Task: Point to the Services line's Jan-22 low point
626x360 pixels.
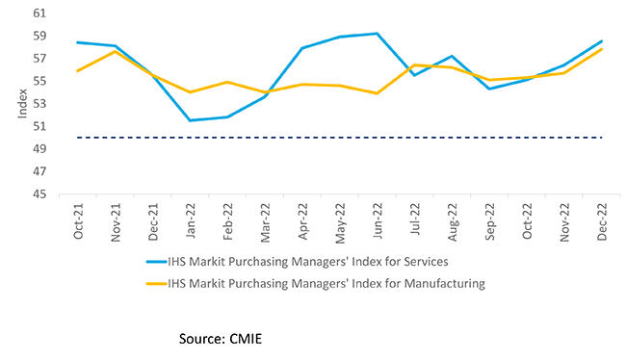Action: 190,120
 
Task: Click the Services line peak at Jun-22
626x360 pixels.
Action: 378,34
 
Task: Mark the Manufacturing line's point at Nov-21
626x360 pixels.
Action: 116,51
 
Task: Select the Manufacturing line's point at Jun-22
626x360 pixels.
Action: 378,93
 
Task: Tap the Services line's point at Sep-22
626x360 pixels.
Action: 490,89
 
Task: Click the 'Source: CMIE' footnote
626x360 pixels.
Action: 221,338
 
